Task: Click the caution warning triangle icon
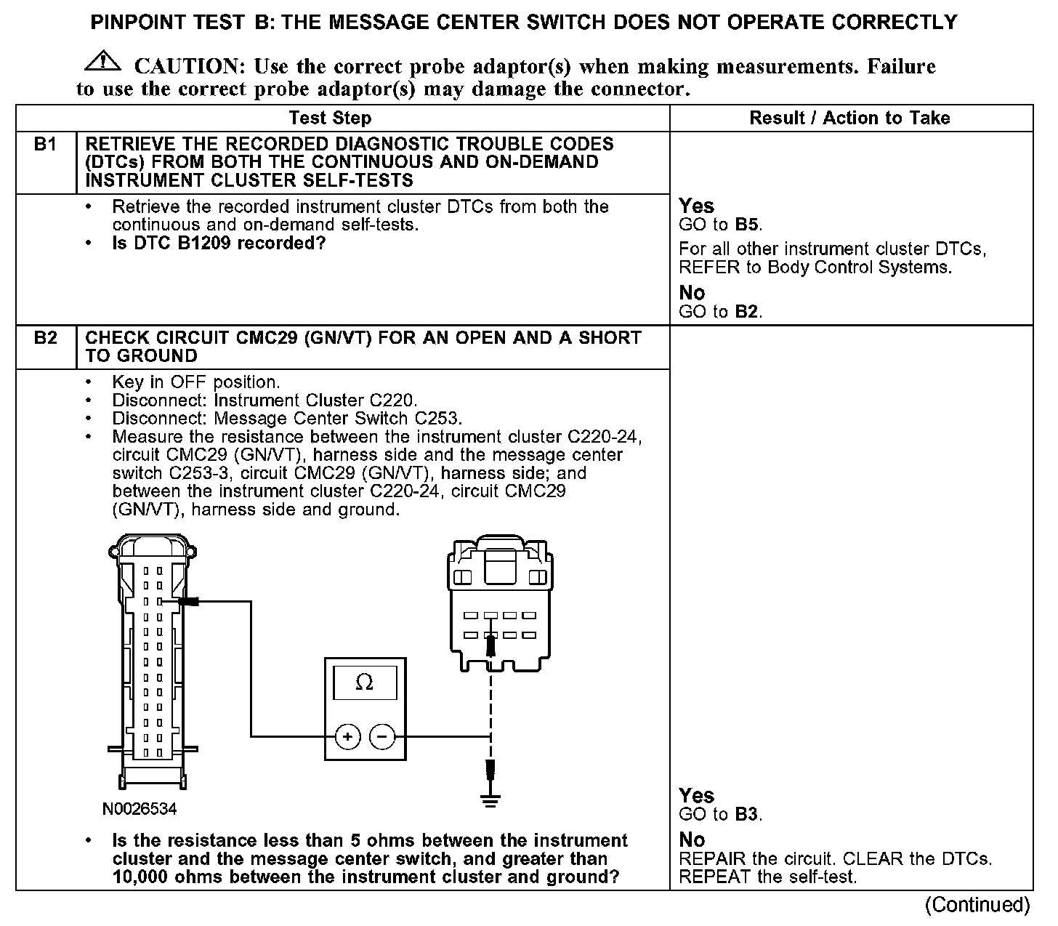[x=103, y=62]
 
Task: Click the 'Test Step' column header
[x=330, y=118]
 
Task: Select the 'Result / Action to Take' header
[x=849, y=118]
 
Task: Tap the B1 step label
[x=46, y=145]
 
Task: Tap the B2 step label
[x=46, y=338]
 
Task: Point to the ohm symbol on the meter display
[x=365, y=683]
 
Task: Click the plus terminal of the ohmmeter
[x=348, y=737]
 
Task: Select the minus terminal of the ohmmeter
[x=382, y=737]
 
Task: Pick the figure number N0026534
[x=140, y=809]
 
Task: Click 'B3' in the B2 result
[x=747, y=814]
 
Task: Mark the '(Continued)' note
[x=977, y=905]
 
